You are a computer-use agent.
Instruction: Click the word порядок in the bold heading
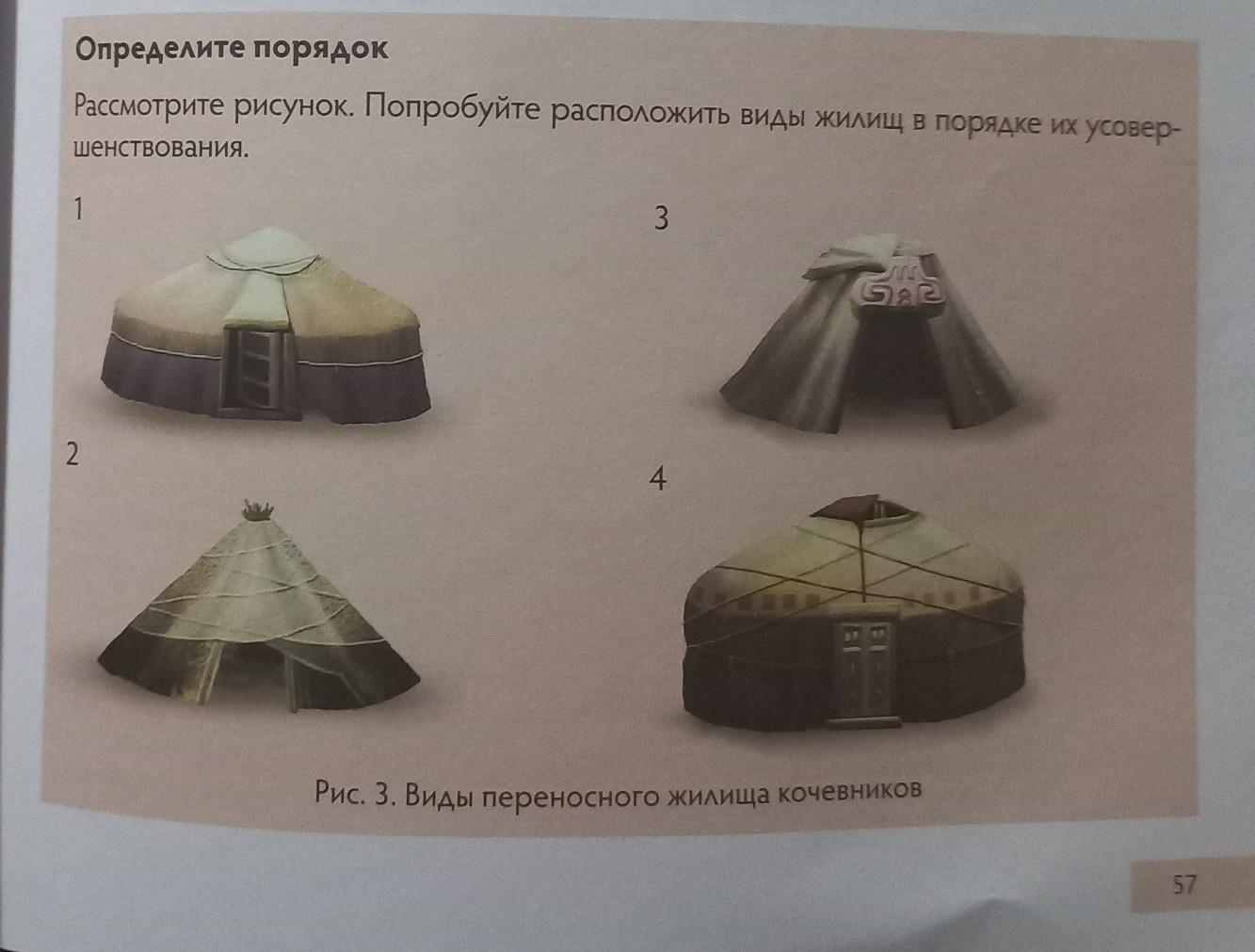[321, 49]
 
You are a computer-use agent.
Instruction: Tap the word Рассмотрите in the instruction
[148, 106]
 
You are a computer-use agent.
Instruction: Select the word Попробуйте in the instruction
[451, 110]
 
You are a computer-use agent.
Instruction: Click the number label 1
[78, 209]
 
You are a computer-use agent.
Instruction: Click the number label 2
[72, 455]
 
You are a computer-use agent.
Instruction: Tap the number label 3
[661, 218]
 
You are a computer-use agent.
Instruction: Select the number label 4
[658, 479]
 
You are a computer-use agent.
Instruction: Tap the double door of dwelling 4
[863, 671]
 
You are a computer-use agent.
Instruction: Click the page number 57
[1184, 886]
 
